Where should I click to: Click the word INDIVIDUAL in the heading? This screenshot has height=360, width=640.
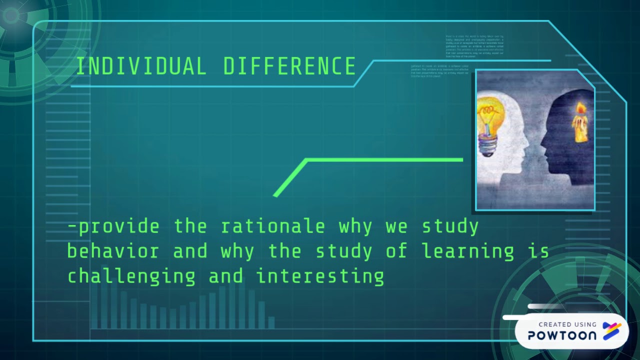point(141,66)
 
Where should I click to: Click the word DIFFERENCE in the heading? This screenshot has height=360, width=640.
point(289,66)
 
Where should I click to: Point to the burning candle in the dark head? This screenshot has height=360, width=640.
point(580,125)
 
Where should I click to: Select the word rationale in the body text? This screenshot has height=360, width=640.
point(272,226)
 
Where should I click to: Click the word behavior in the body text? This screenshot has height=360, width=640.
point(112,250)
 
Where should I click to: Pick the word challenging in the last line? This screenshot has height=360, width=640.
point(131,276)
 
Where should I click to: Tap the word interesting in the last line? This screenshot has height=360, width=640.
point(320,276)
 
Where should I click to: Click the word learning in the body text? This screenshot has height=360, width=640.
point(467,250)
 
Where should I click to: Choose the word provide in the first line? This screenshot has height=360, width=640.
point(119,226)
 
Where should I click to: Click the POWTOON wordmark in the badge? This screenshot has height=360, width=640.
point(562,335)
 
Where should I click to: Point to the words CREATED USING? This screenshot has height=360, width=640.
point(567,324)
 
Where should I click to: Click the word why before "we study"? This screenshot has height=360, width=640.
point(355,226)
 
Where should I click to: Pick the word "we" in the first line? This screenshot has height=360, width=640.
point(396,226)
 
